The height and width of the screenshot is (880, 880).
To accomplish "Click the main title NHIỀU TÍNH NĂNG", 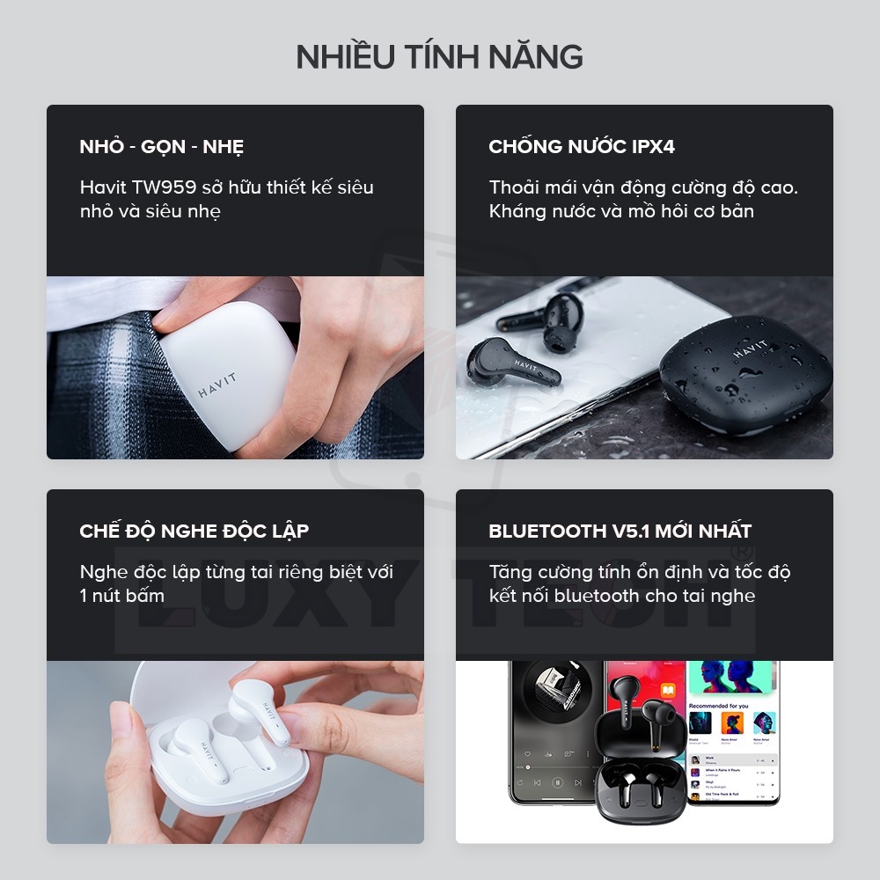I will [x=439, y=56].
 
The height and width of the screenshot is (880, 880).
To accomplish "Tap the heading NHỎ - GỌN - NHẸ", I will [x=162, y=147].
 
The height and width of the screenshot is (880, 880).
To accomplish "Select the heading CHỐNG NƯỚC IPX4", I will [x=582, y=147].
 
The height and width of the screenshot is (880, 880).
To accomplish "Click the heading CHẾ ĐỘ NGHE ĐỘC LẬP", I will [x=194, y=532].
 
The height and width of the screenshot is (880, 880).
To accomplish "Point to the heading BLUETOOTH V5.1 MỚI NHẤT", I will [x=620, y=532].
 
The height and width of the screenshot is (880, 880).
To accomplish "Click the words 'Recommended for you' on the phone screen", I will [x=718, y=706].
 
